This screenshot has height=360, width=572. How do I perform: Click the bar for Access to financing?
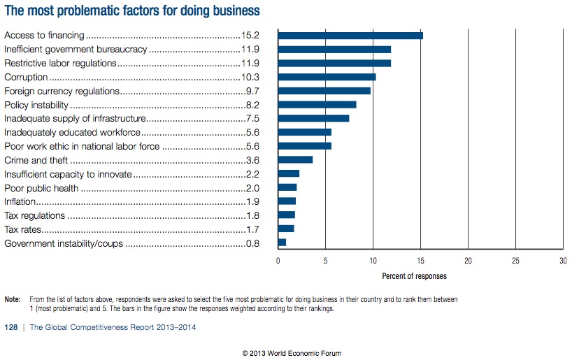(350, 35)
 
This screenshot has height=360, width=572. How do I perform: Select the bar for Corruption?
(327, 77)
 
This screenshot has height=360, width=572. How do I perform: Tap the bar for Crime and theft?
(295, 160)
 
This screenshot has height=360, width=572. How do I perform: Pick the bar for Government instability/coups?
(282, 243)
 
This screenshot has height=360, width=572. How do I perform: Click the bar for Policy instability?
(317, 105)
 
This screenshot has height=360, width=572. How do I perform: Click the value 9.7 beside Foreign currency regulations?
(253, 91)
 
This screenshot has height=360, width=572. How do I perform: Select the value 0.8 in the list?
(253, 243)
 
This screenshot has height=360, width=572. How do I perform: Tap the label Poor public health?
(41, 188)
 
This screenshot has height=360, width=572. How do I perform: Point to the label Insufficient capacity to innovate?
(67, 174)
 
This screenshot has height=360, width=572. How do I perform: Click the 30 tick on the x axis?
(563, 261)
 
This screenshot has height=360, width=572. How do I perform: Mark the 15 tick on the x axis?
(420, 261)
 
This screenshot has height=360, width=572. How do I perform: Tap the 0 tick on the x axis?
(278, 261)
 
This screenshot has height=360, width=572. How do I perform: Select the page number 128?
(11, 328)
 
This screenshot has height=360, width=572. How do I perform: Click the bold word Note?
(12, 299)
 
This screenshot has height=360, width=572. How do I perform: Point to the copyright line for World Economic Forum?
(292, 353)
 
